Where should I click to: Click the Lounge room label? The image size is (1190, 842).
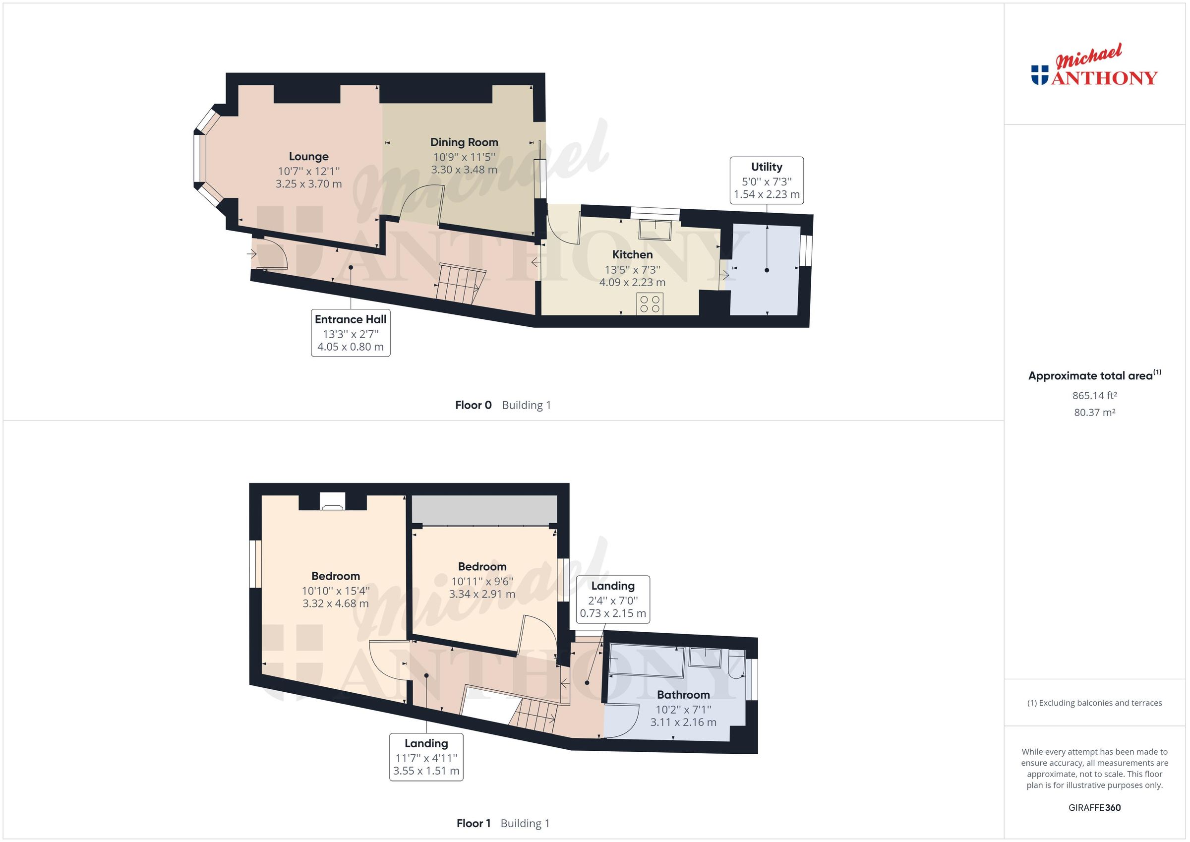click(308, 157)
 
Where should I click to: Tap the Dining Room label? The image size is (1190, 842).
click(464, 142)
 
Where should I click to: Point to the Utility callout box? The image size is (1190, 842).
click(767, 180)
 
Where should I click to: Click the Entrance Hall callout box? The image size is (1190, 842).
click(351, 333)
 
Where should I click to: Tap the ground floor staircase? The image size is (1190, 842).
click(458, 282)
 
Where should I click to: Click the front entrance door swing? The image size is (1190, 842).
click(272, 254)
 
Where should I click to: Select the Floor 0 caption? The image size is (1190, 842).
click(473, 405)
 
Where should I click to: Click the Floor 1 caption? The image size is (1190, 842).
click(474, 823)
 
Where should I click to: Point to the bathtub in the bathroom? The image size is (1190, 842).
click(646, 661)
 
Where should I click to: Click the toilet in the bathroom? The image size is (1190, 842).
click(735, 665)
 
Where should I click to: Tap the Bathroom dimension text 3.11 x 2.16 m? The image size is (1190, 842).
click(683, 722)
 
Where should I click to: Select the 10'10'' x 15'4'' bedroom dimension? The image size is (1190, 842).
click(335, 591)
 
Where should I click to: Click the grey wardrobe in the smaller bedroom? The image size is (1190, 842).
click(484, 509)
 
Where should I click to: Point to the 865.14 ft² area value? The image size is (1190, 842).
click(1094, 396)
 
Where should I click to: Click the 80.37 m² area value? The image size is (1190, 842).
click(1094, 413)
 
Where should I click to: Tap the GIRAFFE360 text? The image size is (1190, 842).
click(1094, 807)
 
